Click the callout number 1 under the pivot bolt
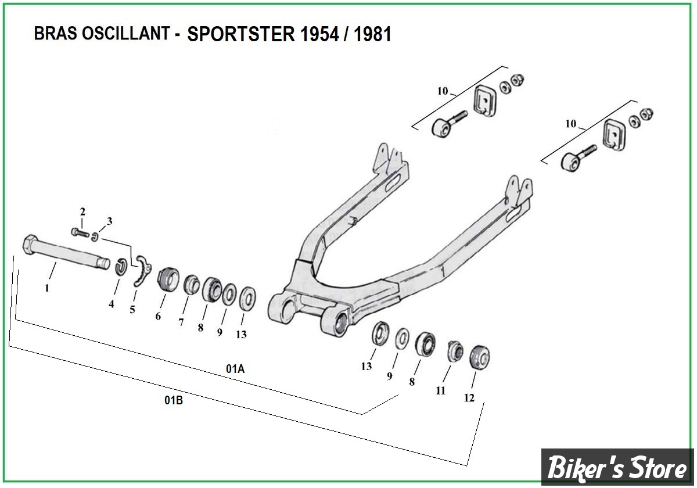click(47, 288)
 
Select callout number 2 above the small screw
click(82, 211)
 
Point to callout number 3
click(109, 221)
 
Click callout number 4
click(111, 303)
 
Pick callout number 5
click(132, 310)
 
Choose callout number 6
click(157, 317)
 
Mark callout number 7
click(181, 322)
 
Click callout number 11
click(441, 390)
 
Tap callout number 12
click(469, 398)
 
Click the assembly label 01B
click(174, 400)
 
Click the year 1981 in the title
click(372, 34)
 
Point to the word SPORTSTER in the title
click(241, 34)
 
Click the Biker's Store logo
click(618, 467)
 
